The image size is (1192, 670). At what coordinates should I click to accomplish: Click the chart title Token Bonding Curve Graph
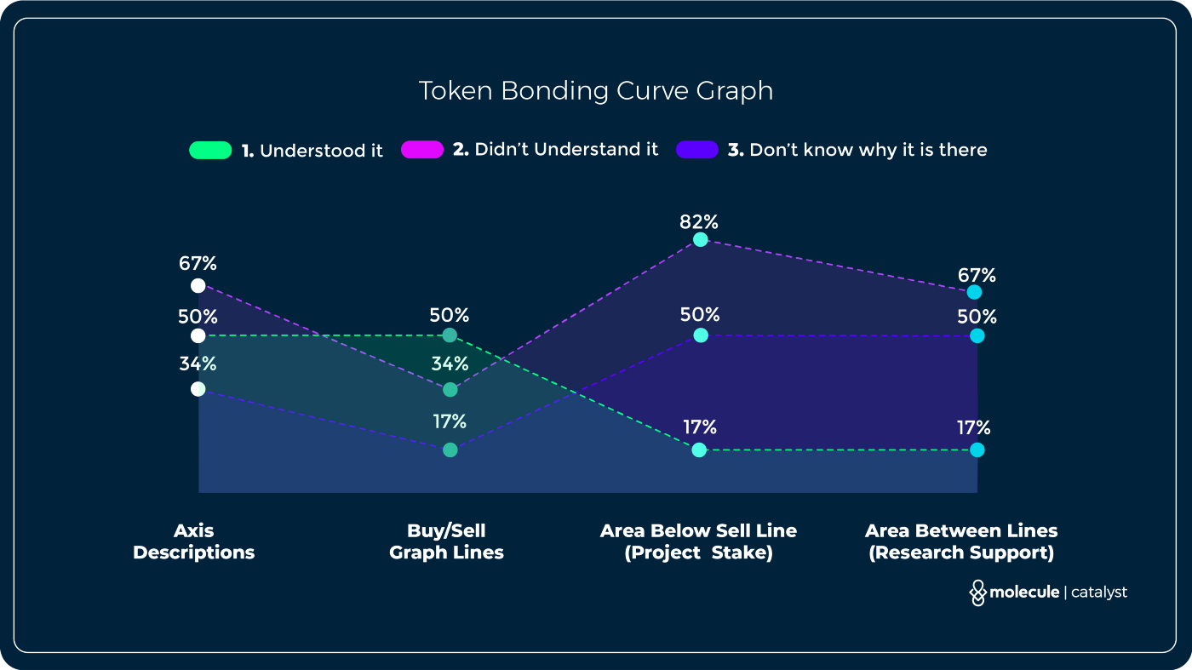pos(595,91)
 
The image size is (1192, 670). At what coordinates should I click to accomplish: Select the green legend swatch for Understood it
pos(210,151)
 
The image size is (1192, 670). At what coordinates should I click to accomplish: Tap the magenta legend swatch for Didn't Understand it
pos(422,150)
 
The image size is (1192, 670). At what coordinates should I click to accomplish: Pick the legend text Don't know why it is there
pos(868,150)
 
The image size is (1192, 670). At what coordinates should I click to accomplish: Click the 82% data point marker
pos(700,240)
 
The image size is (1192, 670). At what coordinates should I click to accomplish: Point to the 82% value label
pos(699,222)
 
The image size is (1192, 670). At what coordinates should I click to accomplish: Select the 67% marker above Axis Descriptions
pos(198,285)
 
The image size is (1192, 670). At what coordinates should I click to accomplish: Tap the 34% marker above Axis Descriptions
pos(198,389)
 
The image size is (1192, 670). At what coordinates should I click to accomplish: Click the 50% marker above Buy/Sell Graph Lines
pos(450,335)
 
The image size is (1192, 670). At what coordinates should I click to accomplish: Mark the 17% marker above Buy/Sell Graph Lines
pos(450,450)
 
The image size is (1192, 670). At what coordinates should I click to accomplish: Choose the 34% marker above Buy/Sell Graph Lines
pos(450,390)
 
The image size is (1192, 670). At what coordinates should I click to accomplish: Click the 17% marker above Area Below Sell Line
pos(699,450)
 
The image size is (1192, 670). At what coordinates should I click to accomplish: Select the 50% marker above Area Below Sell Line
pos(700,335)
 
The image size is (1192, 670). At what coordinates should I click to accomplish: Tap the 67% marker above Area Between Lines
pos(975,293)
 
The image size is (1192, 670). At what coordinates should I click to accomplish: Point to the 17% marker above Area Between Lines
pos(977,450)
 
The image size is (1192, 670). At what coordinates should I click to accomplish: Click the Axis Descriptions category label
pos(194,541)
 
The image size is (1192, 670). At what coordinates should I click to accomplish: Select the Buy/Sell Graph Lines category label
pos(446,541)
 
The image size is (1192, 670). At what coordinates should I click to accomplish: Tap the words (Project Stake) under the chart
pos(698,553)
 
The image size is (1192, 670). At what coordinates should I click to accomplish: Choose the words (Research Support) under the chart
pos(960,553)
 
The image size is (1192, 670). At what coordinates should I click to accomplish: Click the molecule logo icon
pos(977,593)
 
